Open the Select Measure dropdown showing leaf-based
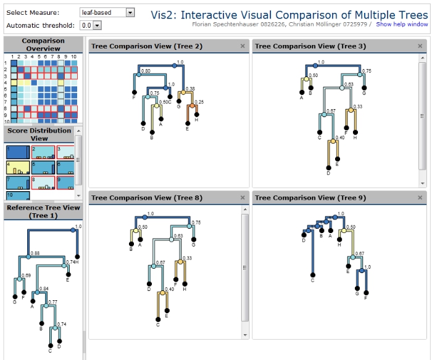pos(107,12)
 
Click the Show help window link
pos(401,25)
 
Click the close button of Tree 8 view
pos(243,198)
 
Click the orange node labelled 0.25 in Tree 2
pos(193,107)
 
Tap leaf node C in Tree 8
pos(158,319)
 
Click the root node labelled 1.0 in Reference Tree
pos(73,229)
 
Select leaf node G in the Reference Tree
pos(14,297)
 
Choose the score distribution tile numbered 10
pos(17,195)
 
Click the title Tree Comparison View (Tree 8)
pos(147,198)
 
